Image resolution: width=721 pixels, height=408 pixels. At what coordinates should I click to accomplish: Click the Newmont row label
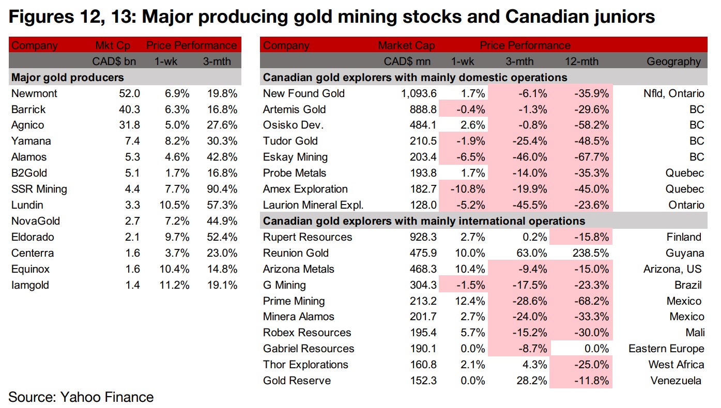34,93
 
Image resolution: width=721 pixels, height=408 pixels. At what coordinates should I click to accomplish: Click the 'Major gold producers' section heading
67,77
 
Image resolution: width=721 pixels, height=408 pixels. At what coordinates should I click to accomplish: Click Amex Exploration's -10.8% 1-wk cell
468,189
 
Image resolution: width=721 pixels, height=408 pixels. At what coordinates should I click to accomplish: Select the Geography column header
673,61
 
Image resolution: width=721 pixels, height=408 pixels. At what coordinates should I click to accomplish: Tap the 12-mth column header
581,61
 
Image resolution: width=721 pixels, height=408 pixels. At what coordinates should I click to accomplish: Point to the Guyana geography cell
685,253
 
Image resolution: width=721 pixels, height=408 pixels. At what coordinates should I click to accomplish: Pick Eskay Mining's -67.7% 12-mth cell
591,157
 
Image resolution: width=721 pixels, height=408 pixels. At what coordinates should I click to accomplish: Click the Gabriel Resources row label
309,349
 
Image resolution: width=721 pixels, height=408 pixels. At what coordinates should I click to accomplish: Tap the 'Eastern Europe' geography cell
666,349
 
